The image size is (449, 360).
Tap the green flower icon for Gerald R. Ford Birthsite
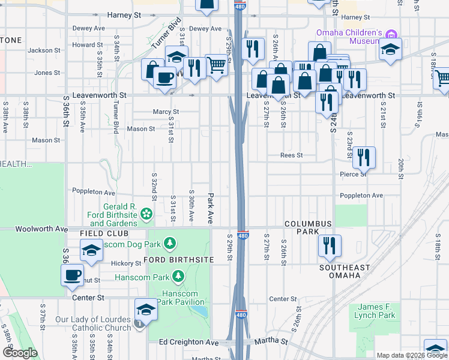(x=146, y=214)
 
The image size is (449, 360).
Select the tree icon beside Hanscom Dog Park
(x=170, y=243)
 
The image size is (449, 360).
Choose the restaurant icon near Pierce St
(x=364, y=157)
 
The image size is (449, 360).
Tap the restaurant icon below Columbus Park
(x=330, y=245)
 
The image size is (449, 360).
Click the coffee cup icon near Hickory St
(x=72, y=275)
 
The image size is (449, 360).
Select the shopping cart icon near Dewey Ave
(x=216, y=65)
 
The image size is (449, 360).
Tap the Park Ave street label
(x=211, y=208)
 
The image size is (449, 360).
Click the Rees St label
(x=291, y=155)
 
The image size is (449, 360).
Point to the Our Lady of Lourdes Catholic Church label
(x=93, y=323)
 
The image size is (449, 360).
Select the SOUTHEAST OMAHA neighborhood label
(x=340, y=271)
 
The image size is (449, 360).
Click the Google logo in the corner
(x=20, y=353)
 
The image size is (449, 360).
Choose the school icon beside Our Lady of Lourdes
(x=145, y=309)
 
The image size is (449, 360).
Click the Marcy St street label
(x=166, y=112)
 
